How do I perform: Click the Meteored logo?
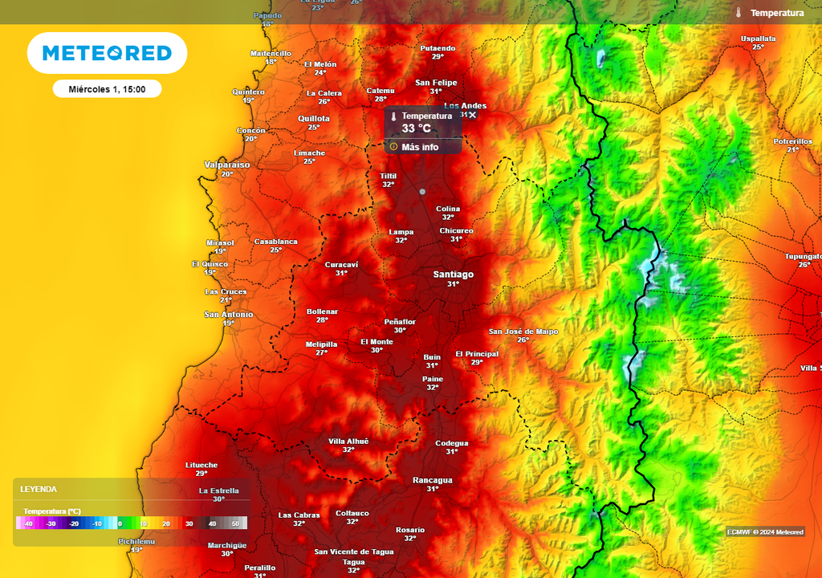click(107, 53)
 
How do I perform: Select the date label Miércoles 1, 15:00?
click(107, 89)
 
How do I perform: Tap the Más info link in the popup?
click(419, 147)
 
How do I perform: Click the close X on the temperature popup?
click(473, 116)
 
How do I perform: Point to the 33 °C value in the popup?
click(416, 128)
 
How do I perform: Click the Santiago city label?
click(453, 275)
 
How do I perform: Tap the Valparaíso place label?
click(227, 165)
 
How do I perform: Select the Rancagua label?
click(432, 480)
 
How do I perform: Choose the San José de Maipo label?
click(523, 332)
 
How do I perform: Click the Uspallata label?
click(758, 39)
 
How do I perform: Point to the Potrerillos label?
click(792, 141)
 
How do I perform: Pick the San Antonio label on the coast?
click(228, 315)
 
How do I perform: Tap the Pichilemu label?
click(136, 542)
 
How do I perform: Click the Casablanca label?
click(275, 242)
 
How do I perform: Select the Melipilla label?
click(321, 344)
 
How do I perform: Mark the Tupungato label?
click(803, 256)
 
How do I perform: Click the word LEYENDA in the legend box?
click(39, 489)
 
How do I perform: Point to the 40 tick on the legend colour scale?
click(213, 523)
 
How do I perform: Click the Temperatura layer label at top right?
click(776, 13)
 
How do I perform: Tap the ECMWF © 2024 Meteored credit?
click(765, 532)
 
